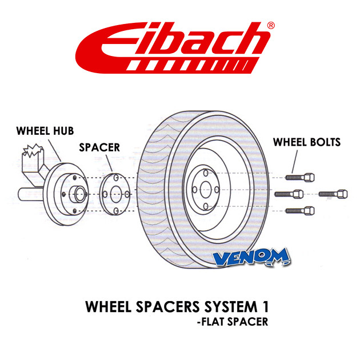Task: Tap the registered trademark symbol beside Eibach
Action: (271, 25)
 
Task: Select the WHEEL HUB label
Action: (45, 131)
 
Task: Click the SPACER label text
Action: (99, 147)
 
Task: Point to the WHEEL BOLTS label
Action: (307, 142)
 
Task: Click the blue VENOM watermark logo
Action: (251, 258)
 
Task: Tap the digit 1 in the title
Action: (266, 306)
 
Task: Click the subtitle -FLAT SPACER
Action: (233, 322)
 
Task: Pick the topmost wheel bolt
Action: (300, 178)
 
